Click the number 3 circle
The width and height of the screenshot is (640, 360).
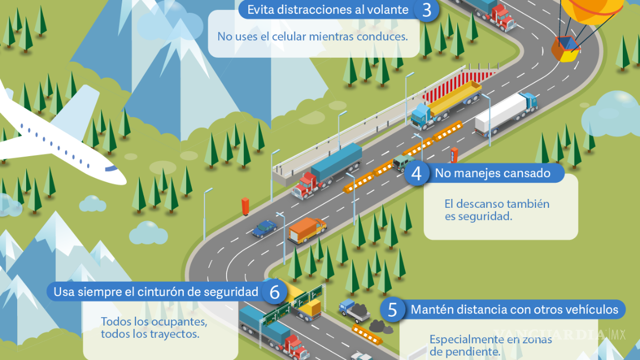pyautogui.click(x=427, y=10)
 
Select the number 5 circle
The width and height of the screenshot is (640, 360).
pyautogui.click(x=393, y=310)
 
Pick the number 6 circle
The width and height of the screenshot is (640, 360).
pyautogui.click(x=274, y=292)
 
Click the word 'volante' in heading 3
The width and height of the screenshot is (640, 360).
pyautogui.click(x=389, y=10)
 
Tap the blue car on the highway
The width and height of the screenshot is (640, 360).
pyautogui.click(x=264, y=228)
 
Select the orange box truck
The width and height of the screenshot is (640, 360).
pyautogui.click(x=306, y=229)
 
